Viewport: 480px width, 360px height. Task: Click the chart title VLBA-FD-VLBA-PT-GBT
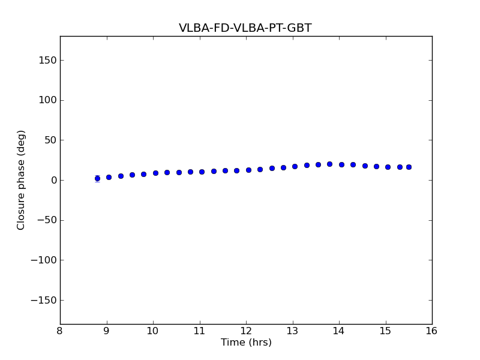[245, 28]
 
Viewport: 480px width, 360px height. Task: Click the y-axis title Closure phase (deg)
[22, 180]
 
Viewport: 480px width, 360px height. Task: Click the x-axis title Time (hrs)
[246, 343]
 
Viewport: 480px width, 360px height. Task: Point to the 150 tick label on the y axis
[47, 60]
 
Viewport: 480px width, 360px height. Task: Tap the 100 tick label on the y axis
[47, 100]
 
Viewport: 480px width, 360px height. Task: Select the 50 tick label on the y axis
[50, 140]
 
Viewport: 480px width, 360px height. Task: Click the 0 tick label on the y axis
[53, 180]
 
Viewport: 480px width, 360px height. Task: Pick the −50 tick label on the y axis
[46, 220]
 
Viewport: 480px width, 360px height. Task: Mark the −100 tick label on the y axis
[43, 260]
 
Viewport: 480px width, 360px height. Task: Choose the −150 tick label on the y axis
[43, 300]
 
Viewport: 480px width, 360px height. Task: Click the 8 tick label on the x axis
[60, 331]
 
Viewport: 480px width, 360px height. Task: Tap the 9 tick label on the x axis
[107, 331]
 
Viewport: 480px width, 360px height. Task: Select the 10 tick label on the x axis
[153, 331]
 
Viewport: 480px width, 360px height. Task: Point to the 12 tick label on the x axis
[246, 331]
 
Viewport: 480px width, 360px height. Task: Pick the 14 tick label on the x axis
[339, 331]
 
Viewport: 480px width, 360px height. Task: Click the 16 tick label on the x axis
[432, 331]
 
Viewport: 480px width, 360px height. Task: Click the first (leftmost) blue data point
[97, 178]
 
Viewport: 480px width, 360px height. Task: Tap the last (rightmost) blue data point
[409, 167]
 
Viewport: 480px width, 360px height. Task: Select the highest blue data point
[329, 164]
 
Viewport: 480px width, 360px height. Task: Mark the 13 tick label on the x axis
[292, 331]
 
